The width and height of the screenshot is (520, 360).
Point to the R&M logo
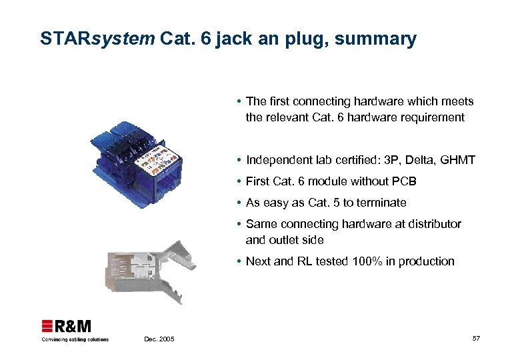coord(67,327)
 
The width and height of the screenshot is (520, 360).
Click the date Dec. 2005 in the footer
coord(159,339)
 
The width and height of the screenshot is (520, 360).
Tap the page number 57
coord(476,339)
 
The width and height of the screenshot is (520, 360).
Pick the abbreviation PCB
coord(403,181)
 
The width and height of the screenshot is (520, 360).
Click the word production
coord(426,261)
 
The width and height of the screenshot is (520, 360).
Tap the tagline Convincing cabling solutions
coord(75,339)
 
